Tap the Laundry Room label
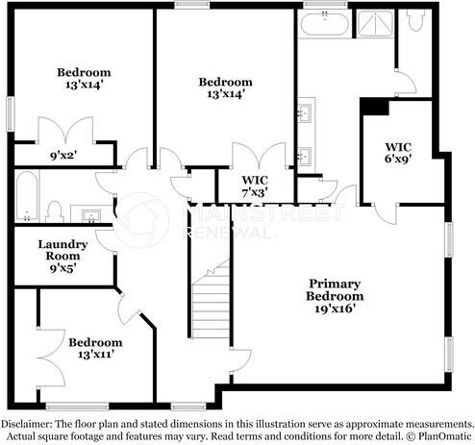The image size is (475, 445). pos(62,257)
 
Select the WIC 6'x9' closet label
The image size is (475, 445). pos(398,152)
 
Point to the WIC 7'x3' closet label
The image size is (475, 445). pos(255,186)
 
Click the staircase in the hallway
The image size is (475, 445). pos(209,298)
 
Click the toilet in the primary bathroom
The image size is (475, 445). pos(416,24)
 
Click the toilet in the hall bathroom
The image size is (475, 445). pos(55,210)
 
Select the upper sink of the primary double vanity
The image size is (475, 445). pos(307,114)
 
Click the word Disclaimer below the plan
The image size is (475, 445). pos(30,424)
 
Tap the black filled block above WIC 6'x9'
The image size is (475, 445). pos(374,107)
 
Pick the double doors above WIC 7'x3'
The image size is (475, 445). pos(259,154)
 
